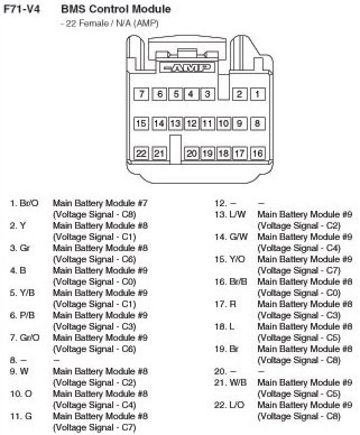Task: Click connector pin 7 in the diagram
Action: tap(141, 94)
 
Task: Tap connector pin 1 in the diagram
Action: tap(257, 94)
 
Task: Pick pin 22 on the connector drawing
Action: tap(141, 153)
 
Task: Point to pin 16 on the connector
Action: tap(257, 153)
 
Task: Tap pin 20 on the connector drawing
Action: tap(192, 153)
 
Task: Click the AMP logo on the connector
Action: tap(185, 68)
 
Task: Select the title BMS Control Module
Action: tap(116, 10)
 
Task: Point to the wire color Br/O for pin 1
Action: tap(29, 203)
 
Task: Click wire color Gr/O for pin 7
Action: tap(30, 337)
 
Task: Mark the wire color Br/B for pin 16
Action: tap(238, 281)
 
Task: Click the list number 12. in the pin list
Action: tap(220, 203)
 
